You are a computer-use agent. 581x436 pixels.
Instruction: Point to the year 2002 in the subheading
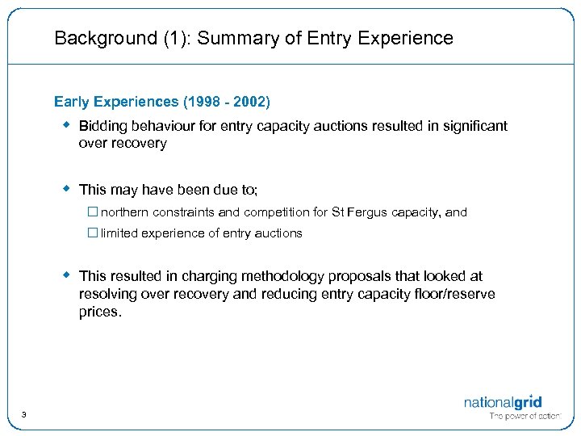[x=249, y=102]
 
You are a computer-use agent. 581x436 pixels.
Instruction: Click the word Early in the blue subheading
[x=72, y=102]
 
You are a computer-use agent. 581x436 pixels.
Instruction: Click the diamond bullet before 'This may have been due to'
[x=68, y=189]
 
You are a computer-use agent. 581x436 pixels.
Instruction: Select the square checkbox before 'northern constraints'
[x=93, y=212]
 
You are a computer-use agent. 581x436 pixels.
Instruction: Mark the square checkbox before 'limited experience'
[x=93, y=233]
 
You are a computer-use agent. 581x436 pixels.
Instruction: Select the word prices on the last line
[x=98, y=312]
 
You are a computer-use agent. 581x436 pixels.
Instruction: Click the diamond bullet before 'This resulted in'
[x=68, y=275]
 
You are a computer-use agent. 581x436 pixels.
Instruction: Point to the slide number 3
[x=24, y=415]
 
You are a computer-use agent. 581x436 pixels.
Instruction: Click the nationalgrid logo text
[x=502, y=402]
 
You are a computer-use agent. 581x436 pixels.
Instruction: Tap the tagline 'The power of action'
[x=525, y=417]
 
